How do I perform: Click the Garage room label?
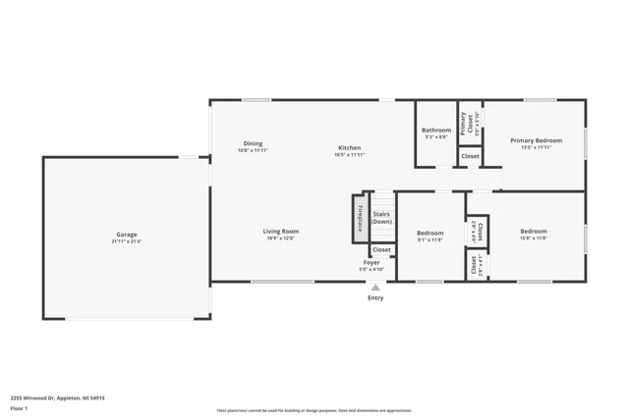click(x=126, y=235)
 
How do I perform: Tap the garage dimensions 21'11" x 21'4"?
click(x=126, y=241)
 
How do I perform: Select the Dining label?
click(x=253, y=144)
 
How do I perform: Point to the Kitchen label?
click(x=350, y=148)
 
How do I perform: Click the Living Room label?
click(x=280, y=232)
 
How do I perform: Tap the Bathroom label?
click(x=436, y=131)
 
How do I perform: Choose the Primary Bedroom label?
click(x=536, y=140)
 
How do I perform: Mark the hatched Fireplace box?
click(x=360, y=217)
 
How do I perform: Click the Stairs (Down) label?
click(x=381, y=218)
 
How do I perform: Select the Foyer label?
click(x=372, y=263)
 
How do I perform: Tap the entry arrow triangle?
click(x=374, y=288)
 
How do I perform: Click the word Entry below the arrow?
click(x=375, y=298)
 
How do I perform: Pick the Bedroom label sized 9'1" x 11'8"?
click(x=429, y=233)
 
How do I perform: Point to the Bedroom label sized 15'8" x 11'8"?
click(x=534, y=233)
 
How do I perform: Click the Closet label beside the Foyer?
click(x=381, y=250)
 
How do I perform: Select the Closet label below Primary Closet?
click(x=470, y=156)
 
